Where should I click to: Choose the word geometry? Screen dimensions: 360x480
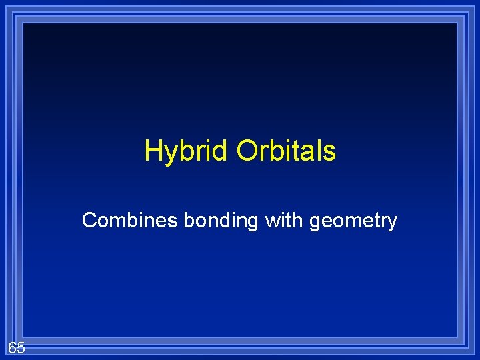[353, 221]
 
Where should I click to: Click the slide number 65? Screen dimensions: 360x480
[17, 347]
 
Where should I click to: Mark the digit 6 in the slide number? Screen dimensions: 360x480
[13, 347]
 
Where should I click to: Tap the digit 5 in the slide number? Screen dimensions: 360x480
[21, 347]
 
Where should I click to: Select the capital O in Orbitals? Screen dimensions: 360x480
[247, 151]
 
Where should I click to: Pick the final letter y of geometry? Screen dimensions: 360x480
[392, 223]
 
